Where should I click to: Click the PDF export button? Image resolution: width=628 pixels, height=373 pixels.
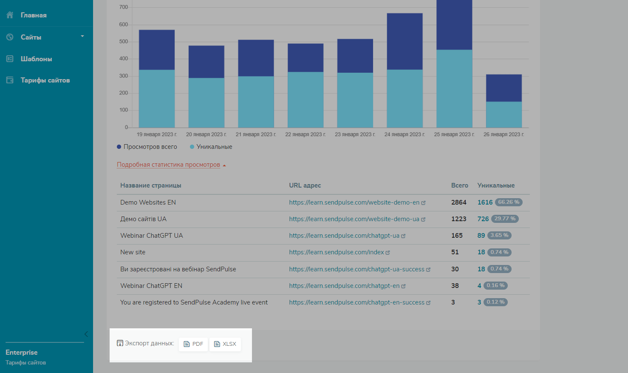click(x=193, y=344)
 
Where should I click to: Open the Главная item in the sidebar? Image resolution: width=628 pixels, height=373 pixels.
click(x=33, y=15)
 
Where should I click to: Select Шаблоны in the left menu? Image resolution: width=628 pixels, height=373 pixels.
click(x=36, y=59)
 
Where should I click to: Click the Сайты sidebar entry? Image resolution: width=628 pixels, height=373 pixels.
click(x=31, y=37)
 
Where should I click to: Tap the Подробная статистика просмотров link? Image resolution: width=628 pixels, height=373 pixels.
click(x=169, y=165)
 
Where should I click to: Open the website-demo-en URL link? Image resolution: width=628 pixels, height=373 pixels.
click(x=354, y=202)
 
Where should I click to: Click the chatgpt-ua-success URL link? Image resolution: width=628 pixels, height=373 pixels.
click(x=357, y=269)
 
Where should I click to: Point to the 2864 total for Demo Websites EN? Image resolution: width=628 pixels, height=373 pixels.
click(x=458, y=202)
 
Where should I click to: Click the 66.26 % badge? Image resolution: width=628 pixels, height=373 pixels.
click(x=509, y=202)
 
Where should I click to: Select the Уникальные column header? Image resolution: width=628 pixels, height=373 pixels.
click(x=496, y=185)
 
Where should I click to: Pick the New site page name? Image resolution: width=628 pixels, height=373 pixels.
click(x=133, y=252)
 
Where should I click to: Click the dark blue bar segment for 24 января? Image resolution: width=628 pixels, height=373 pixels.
click(x=405, y=41)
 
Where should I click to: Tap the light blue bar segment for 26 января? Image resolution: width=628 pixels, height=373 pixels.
click(x=504, y=114)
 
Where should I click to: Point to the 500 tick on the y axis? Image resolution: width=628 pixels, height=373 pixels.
click(x=123, y=42)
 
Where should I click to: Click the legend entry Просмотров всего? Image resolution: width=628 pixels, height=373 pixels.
click(x=150, y=147)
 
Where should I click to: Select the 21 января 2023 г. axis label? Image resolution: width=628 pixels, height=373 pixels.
click(x=256, y=134)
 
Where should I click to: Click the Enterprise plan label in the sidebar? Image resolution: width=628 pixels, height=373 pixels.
click(x=22, y=353)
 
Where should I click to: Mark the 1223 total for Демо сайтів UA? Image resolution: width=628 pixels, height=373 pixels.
click(x=458, y=219)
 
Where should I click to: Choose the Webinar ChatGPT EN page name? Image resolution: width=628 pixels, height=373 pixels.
click(x=151, y=286)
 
